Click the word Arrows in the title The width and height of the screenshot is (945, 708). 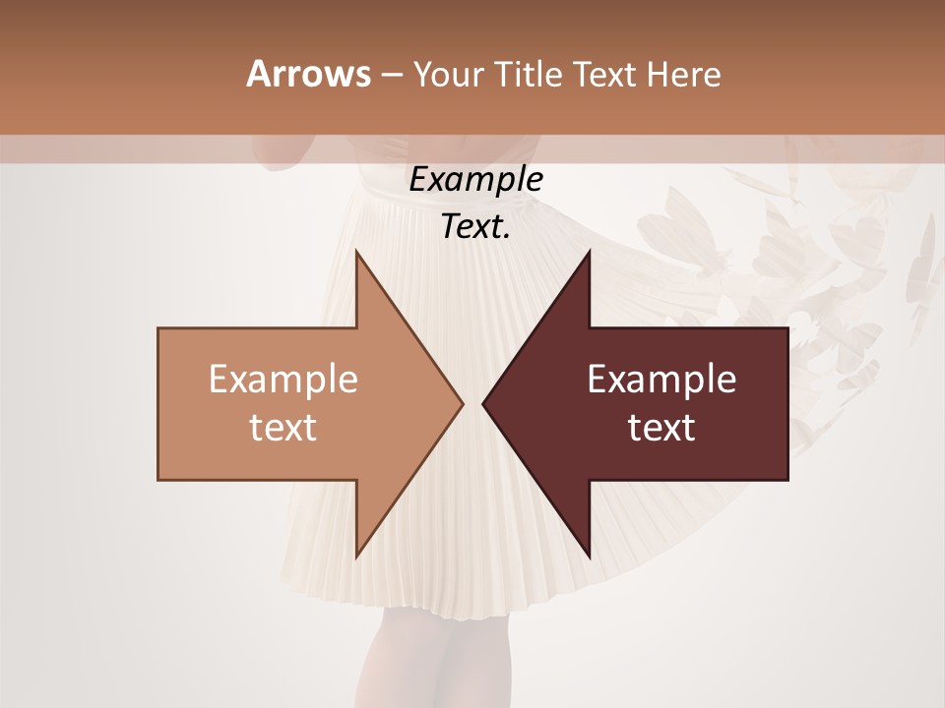point(308,74)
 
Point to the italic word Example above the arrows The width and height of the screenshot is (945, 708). point(475,180)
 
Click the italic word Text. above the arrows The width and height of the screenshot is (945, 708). point(475,227)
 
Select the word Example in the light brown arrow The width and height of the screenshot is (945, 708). point(283,379)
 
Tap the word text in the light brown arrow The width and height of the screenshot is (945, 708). point(283,427)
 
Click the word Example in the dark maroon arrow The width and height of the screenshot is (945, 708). point(661,379)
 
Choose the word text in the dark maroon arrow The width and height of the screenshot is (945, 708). point(661,427)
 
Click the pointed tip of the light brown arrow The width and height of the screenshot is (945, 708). point(461,403)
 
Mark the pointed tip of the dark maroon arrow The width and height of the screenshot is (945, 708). point(485,403)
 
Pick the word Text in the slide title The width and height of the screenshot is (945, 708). point(604,74)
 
